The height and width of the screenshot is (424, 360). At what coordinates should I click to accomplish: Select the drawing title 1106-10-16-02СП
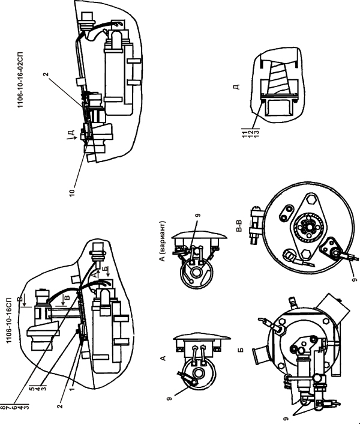(21, 79)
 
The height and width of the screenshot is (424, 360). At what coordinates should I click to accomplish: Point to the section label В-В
(239, 226)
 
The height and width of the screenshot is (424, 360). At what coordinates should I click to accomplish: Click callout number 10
(72, 193)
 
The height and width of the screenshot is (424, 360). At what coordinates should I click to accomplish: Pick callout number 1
(72, 389)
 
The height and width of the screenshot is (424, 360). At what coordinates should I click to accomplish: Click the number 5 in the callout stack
(32, 389)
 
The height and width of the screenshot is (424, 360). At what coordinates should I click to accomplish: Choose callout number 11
(245, 133)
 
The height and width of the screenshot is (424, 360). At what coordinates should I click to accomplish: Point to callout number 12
(251, 133)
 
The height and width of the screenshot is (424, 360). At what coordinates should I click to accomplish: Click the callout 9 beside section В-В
(355, 279)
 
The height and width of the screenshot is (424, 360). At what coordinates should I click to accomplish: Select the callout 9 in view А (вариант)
(198, 215)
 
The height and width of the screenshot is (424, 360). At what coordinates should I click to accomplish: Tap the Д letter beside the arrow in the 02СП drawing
(71, 133)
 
